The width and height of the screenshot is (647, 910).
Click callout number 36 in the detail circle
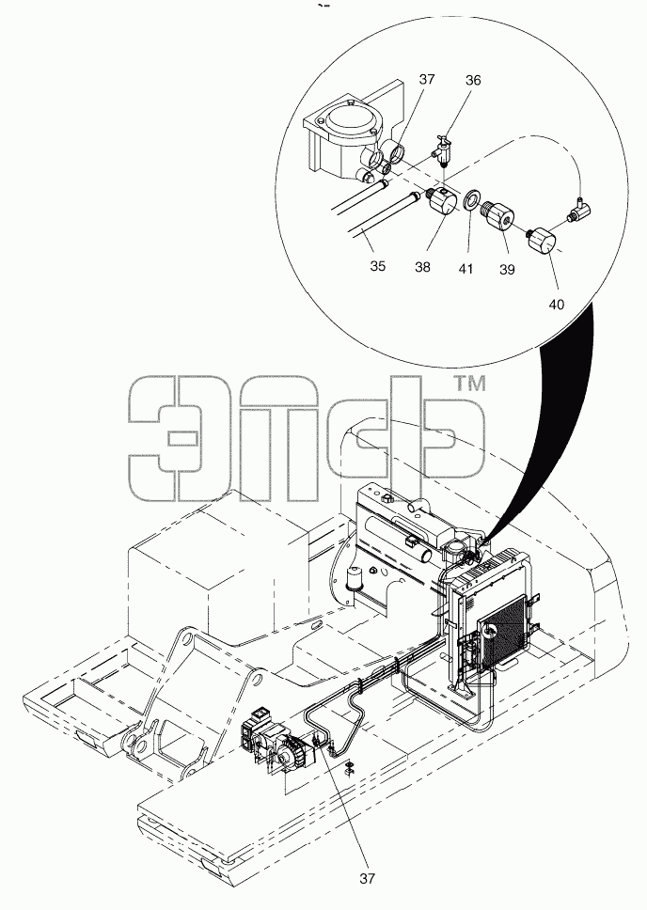pyautogui.click(x=473, y=80)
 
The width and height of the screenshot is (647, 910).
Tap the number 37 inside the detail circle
pyautogui.click(x=426, y=79)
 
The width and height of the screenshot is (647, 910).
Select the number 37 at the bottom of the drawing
pyautogui.click(x=367, y=879)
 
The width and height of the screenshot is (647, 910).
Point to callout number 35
pyautogui.click(x=377, y=266)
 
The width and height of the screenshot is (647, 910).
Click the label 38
pyautogui.click(x=423, y=266)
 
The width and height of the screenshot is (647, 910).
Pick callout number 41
pyautogui.click(x=466, y=268)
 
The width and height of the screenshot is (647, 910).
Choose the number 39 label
pyautogui.click(x=507, y=270)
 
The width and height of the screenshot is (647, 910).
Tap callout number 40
pyautogui.click(x=557, y=304)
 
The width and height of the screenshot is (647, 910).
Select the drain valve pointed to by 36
pyautogui.click(x=443, y=149)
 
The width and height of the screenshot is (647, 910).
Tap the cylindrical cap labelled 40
pyautogui.click(x=542, y=241)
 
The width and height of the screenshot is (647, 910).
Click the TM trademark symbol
pyautogui.click(x=468, y=384)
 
